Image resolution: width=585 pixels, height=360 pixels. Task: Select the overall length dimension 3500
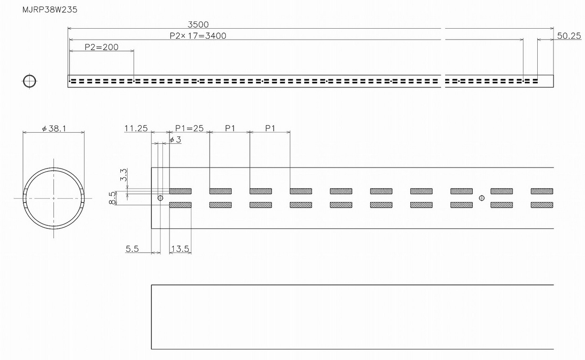tap(199, 24)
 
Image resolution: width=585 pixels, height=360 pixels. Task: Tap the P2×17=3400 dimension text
tap(198, 35)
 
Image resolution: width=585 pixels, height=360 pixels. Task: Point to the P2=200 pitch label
tap(101, 47)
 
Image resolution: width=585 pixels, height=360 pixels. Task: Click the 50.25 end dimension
tap(569, 36)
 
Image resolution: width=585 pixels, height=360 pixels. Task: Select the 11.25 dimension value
tap(136, 128)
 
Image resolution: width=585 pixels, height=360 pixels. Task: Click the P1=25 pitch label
tap(189, 128)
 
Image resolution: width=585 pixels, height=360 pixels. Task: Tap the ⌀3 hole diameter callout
tap(175, 139)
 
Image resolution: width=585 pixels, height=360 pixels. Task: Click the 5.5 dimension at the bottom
tap(132, 249)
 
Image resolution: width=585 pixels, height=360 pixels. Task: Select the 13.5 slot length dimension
tap(180, 249)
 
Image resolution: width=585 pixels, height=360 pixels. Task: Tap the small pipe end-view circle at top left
tap(29, 81)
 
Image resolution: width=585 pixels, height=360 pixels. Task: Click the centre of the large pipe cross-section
tap(53, 198)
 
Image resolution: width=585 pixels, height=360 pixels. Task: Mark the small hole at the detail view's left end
tap(160, 198)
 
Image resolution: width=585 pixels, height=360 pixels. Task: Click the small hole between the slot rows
tap(481, 198)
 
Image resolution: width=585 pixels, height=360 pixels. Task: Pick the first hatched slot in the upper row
tap(180, 191)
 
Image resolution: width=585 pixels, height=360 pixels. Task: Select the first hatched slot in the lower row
tap(180, 205)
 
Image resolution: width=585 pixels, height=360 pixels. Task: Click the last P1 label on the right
tap(270, 128)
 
